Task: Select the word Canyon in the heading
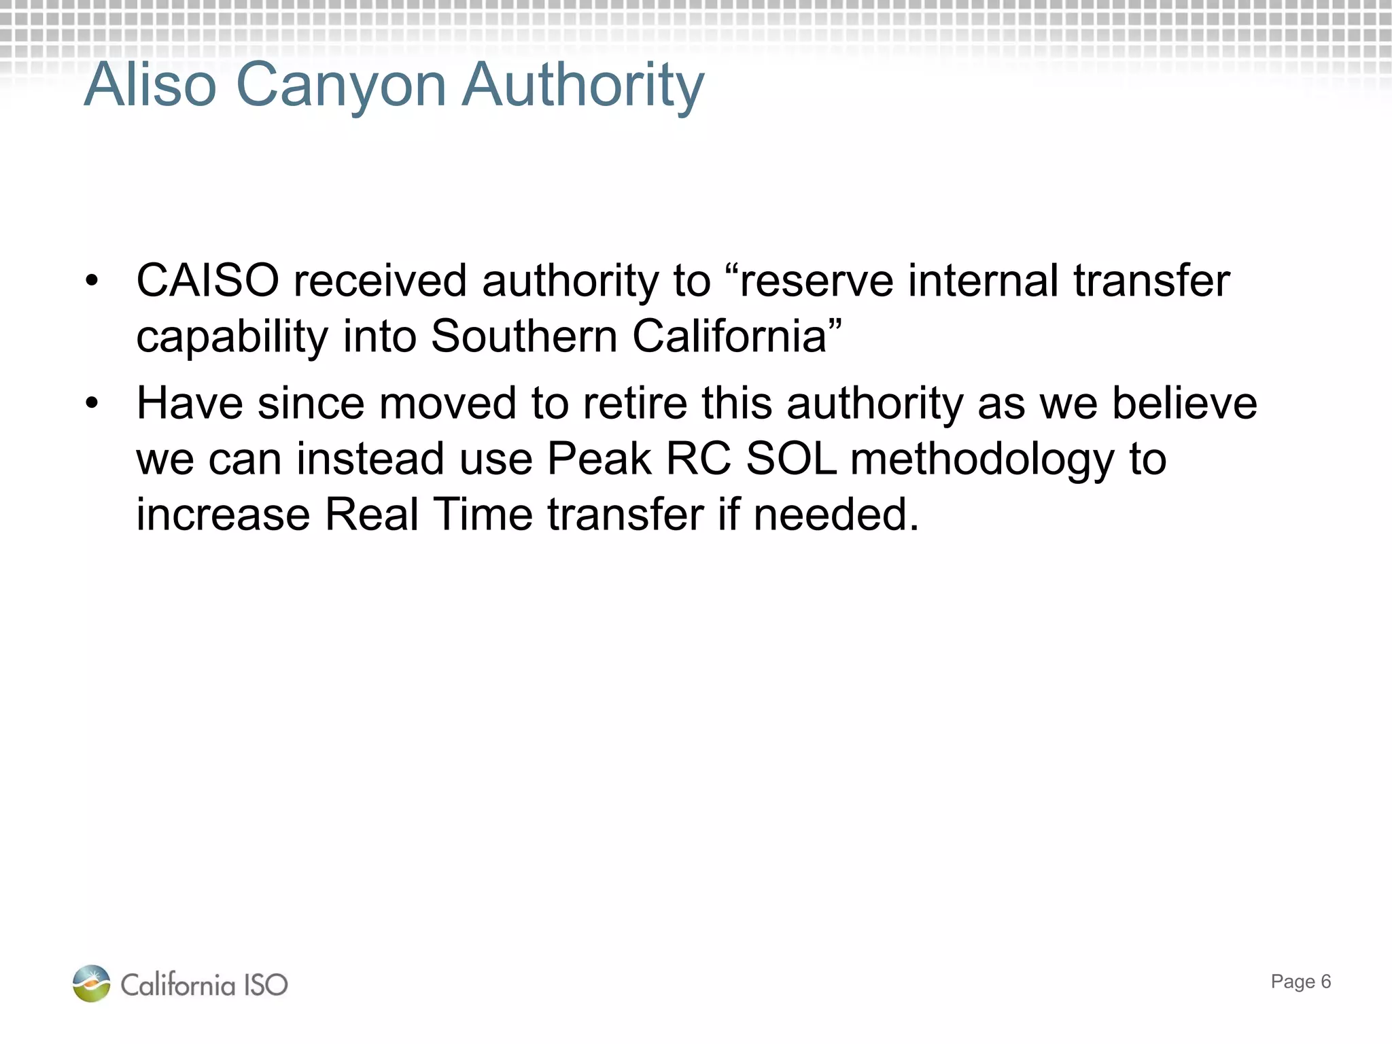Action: point(341,86)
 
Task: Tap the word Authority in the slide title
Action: point(583,86)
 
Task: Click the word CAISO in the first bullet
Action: point(208,281)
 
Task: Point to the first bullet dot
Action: point(92,281)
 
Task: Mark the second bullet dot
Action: point(92,404)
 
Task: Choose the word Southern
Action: point(524,336)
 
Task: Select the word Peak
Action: point(599,459)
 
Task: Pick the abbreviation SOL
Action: point(791,459)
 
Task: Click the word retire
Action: point(636,403)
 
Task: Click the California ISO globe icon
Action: point(92,984)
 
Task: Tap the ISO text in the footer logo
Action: point(266,985)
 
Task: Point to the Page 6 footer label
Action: point(1300,981)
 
